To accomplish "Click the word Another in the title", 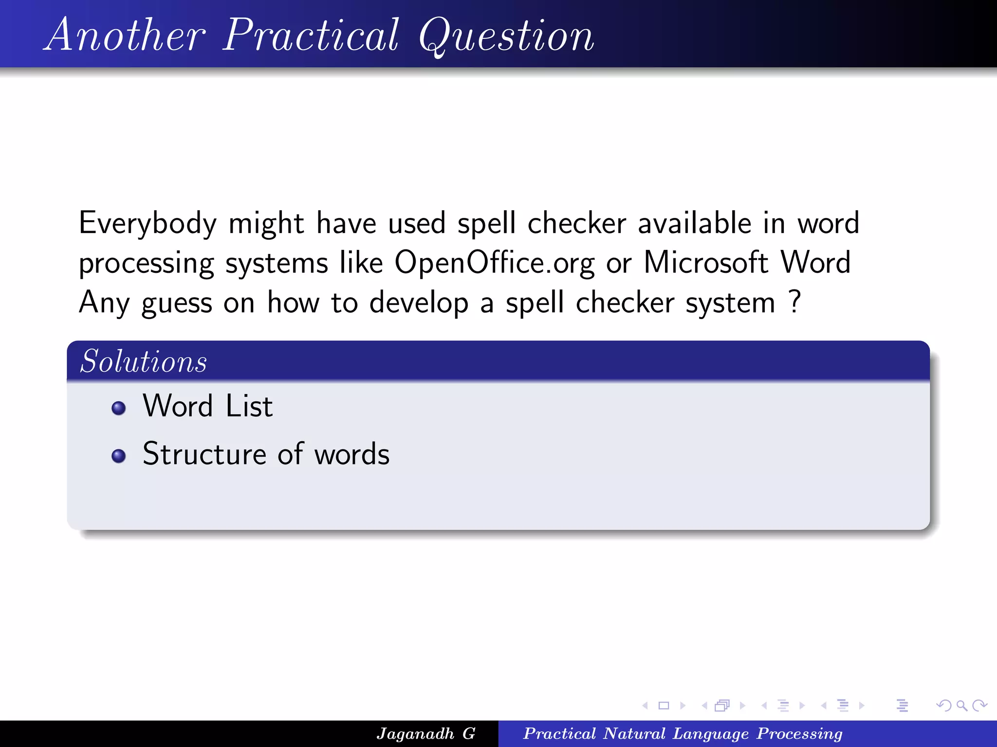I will tap(126, 35).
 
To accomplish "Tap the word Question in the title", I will tap(506, 35).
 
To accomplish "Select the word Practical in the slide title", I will tap(312, 35).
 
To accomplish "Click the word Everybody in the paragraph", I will tap(148, 224).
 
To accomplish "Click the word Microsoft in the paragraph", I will tap(706, 263).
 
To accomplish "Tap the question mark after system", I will tap(794, 302).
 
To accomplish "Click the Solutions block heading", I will tap(144, 362).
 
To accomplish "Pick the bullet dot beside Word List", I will tap(118, 408).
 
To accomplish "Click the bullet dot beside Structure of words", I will tap(118, 456).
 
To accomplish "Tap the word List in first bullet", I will tap(249, 406).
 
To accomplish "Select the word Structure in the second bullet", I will tap(204, 454).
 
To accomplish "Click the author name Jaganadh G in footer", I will tap(426, 733).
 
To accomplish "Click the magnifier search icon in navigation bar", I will tap(961, 705).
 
